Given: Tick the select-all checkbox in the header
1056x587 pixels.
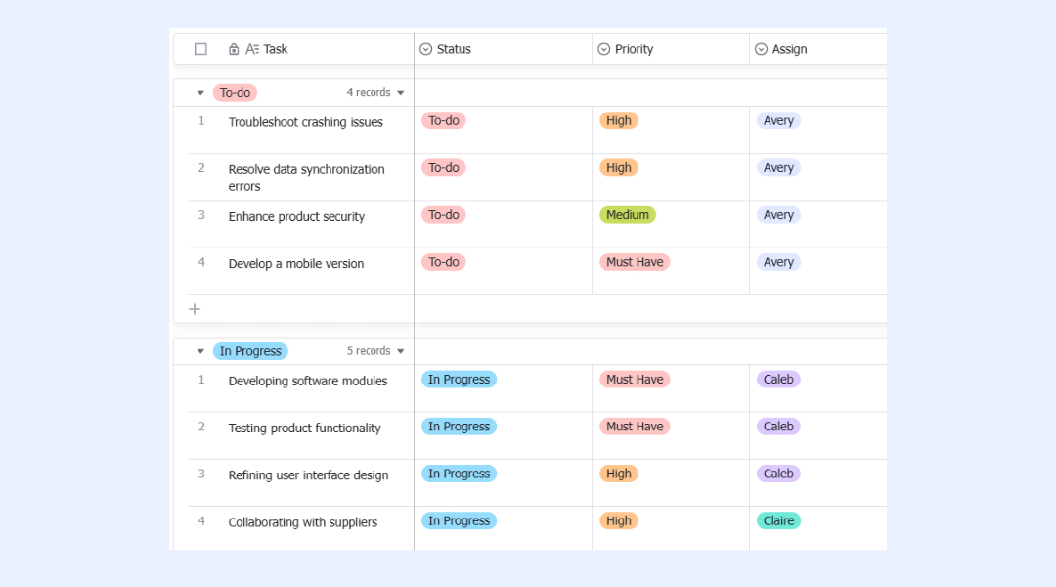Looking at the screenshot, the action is point(200,49).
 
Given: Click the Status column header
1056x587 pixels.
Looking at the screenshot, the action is point(445,49).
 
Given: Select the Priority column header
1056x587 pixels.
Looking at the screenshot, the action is point(626,49).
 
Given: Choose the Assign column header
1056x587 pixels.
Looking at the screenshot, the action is point(781,49).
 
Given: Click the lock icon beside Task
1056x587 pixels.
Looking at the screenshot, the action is point(233,49).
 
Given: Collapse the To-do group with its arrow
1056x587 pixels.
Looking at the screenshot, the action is point(200,93).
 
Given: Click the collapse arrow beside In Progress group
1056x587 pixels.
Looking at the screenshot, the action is point(200,351).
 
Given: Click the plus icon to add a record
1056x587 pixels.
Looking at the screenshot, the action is point(195,309).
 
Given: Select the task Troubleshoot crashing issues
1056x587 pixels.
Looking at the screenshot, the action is point(306,122).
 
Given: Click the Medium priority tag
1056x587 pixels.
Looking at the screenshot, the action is point(628,215).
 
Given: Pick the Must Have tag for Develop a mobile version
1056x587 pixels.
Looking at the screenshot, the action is point(635,262).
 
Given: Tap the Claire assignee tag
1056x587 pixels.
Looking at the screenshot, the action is point(778,520).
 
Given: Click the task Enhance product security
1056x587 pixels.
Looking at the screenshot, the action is point(296,216).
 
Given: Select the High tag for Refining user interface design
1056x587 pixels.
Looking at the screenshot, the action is point(618,474).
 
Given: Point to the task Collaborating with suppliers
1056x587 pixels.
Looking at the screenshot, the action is point(302,522).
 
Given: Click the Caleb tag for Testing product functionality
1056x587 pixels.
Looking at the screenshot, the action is point(778,427).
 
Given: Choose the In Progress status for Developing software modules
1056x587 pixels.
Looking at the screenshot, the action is point(459,380).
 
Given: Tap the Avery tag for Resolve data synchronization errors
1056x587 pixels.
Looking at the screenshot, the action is point(778,168).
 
